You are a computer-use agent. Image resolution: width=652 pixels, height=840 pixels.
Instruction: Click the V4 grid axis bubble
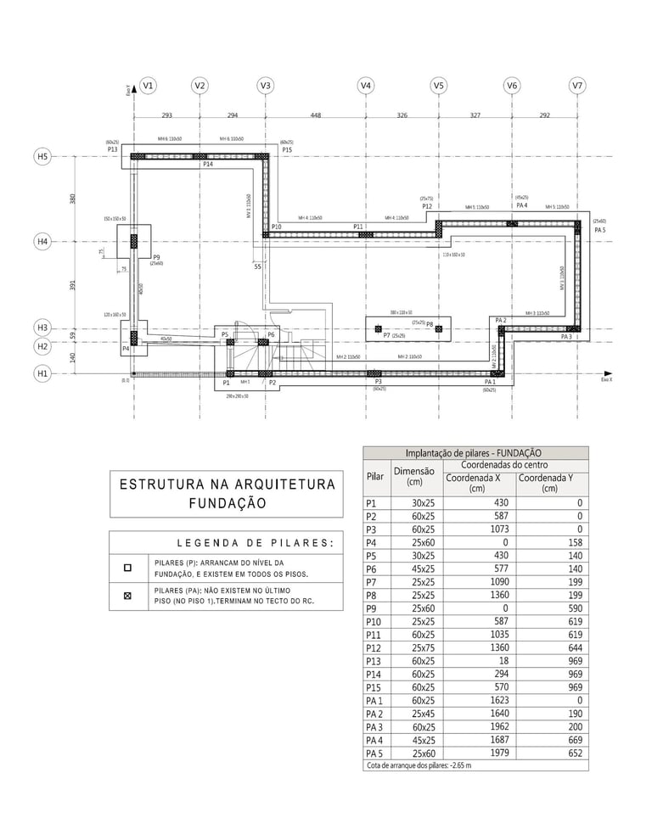[365, 86]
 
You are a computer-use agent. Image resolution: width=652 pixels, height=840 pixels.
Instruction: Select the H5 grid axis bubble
[42, 157]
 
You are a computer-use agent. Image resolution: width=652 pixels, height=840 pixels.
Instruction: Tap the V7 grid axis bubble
[577, 86]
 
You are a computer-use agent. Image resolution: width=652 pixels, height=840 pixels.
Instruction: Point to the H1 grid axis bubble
[42, 372]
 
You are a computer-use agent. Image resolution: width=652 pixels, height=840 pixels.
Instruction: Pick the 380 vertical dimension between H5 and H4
[73, 199]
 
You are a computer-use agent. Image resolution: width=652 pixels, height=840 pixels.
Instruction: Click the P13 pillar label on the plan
[112, 149]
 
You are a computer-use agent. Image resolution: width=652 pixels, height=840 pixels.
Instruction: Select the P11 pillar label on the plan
[358, 227]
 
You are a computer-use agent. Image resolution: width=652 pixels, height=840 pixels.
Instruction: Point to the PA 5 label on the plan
[599, 230]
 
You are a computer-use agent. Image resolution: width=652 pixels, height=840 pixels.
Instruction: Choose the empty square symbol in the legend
[128, 568]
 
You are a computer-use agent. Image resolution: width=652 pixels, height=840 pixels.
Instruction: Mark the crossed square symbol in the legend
[128, 596]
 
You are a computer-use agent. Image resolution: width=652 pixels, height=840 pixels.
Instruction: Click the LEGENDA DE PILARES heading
[255, 543]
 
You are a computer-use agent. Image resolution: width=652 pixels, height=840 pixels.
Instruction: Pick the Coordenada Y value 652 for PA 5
[573, 753]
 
